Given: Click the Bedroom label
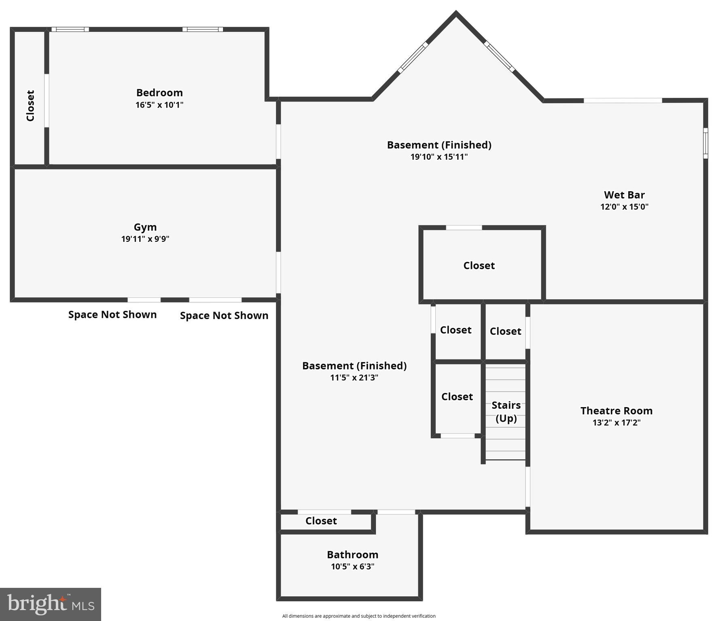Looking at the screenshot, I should (x=159, y=93).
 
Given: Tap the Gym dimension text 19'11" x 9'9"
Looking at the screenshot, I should (x=145, y=239).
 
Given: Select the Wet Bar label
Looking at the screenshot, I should (x=624, y=195).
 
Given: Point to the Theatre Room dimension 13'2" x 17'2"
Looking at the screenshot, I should (x=616, y=423).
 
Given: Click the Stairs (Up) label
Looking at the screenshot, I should (x=506, y=412).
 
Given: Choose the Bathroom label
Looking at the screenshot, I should (x=352, y=555).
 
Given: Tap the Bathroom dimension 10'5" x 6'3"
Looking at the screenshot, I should (x=352, y=566).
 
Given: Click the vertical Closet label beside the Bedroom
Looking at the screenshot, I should (x=30, y=106).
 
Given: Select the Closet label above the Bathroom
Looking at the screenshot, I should (x=321, y=521).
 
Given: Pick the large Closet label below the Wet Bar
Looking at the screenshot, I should (x=479, y=266).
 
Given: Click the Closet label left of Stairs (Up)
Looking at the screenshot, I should (x=457, y=397).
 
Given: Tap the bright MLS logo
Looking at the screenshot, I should (x=51, y=604).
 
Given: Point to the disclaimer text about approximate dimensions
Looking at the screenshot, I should (x=359, y=616).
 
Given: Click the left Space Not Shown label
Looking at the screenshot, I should (x=112, y=315).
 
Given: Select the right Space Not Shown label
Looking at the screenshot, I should (x=224, y=315).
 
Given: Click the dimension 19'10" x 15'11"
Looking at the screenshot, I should (x=439, y=157).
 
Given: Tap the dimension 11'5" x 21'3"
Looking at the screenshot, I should (x=354, y=378).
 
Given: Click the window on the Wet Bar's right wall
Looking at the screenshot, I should (x=705, y=143).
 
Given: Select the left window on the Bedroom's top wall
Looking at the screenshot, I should (x=70, y=29).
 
